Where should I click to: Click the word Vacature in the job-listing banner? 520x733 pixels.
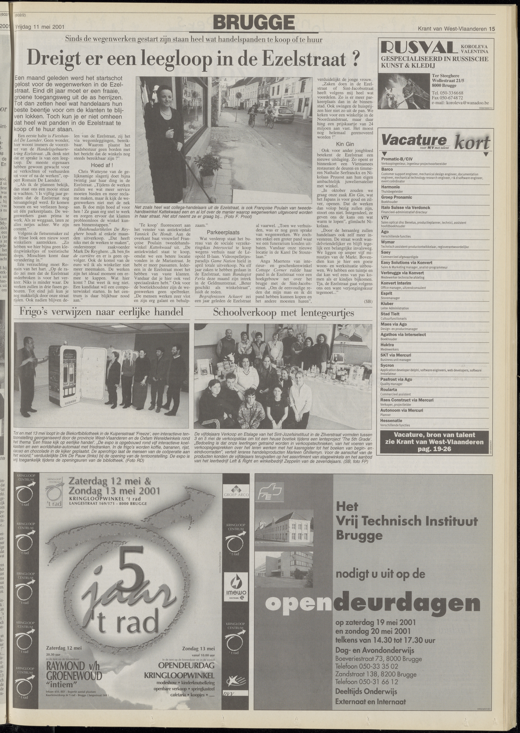click(414, 140)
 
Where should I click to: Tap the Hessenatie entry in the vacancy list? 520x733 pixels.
click(391, 420)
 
